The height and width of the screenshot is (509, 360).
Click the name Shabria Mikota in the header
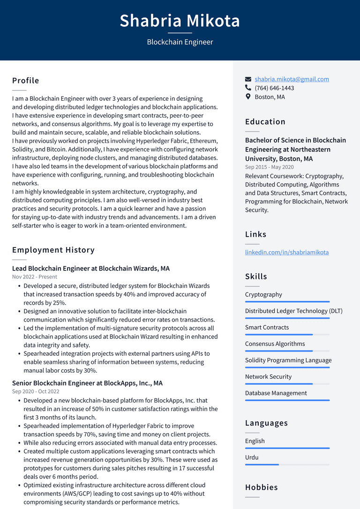coord(180,21)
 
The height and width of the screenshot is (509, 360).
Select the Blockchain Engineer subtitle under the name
coord(180,42)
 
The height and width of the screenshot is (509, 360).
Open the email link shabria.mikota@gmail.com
coord(292,79)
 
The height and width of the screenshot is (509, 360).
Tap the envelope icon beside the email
coord(248,79)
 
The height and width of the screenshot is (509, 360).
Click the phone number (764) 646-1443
coord(274,88)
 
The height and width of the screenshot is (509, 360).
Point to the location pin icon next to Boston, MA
coord(248,97)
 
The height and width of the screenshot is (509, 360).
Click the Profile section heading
coord(26,81)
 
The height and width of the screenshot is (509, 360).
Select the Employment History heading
coord(53,250)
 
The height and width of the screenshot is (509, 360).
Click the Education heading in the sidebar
coord(265,122)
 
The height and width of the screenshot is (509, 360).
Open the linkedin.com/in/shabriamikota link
coord(287,252)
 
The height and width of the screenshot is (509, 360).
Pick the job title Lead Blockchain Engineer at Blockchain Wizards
coord(91,269)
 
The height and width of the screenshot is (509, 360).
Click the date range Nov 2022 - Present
coord(35,277)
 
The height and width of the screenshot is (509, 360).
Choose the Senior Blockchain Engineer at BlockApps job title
coord(87,383)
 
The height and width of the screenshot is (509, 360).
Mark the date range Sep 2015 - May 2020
coord(270,167)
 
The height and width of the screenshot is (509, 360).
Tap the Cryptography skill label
coord(263,295)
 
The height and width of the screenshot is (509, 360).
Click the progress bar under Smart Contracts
coord(287,335)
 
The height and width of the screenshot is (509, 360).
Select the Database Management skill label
coord(276,393)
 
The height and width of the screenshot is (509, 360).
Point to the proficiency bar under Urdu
coord(287,464)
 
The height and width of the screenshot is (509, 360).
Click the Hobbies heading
coord(262,487)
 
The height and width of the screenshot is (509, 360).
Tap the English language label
coord(255,441)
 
